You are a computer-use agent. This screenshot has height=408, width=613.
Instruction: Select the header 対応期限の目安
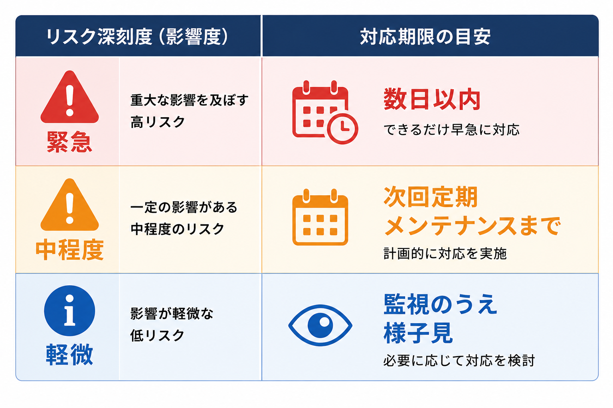click(425, 37)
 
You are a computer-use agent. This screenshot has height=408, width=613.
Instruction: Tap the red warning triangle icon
click(69, 97)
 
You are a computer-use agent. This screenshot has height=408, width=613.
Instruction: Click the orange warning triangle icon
click(69, 205)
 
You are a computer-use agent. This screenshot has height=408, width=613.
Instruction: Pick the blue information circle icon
click(69, 311)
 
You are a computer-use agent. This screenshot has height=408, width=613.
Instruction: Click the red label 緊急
click(69, 142)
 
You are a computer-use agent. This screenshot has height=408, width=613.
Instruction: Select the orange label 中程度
click(69, 249)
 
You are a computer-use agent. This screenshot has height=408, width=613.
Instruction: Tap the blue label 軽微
click(69, 355)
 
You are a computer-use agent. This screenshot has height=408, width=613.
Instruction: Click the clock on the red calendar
click(342, 129)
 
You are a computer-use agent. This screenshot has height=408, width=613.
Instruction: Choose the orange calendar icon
click(320, 217)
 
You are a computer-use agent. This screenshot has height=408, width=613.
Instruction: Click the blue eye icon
click(320, 326)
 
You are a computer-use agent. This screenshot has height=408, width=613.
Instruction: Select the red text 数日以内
click(432, 99)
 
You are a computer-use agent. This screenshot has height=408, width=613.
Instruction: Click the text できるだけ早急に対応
click(451, 129)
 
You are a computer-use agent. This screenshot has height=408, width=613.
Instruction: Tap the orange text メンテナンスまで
click(473, 226)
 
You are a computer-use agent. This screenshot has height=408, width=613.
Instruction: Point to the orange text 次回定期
click(431, 197)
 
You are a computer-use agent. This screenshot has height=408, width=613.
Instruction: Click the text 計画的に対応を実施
click(445, 253)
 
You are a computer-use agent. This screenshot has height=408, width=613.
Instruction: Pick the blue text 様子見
click(418, 333)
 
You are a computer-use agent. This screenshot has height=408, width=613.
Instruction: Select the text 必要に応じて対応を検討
click(459, 361)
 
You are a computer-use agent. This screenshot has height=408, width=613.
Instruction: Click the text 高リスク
click(158, 122)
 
